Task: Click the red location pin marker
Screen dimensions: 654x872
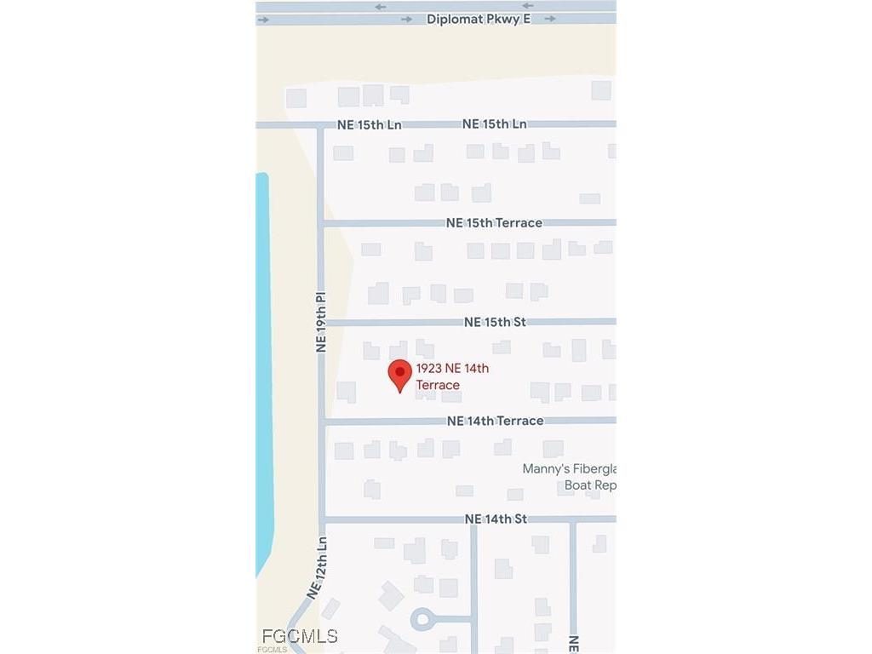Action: (400, 375)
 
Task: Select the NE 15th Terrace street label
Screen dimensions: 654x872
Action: (494, 223)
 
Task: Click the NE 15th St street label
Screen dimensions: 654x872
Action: (495, 323)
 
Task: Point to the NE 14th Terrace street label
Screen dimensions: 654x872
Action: (495, 421)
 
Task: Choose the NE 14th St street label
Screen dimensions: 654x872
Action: (496, 519)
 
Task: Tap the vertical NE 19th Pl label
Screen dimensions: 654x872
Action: (321, 323)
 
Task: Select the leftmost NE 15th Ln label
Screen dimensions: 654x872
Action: (369, 124)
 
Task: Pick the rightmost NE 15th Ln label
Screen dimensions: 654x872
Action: (494, 124)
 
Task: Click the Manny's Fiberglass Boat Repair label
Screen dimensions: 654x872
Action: (569, 477)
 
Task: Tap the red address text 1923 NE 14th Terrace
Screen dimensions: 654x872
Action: (452, 376)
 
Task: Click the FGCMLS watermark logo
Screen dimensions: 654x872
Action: (299, 636)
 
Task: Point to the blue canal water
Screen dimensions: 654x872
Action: (264, 375)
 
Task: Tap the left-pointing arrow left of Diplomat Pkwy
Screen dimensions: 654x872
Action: (380, 7)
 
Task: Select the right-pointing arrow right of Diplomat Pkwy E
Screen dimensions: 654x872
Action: (550, 19)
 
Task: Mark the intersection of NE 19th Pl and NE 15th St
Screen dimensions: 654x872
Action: (322, 323)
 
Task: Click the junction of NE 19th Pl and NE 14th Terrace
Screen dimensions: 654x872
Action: (322, 422)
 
